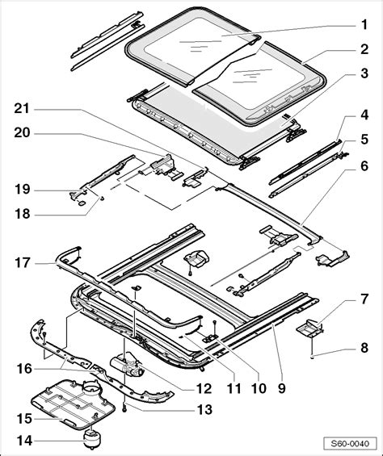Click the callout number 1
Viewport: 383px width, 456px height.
point(364,25)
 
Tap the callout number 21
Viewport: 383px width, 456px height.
point(22,109)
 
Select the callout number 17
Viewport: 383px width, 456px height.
point(23,263)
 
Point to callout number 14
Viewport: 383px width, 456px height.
point(24,441)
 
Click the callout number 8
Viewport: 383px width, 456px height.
point(364,348)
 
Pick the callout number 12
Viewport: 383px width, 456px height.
point(204,388)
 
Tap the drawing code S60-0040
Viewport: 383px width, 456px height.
point(350,444)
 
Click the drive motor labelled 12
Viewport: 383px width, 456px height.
point(127,363)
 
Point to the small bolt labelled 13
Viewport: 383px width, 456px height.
point(124,409)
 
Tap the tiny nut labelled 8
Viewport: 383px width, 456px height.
point(312,357)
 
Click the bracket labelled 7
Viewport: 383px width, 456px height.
point(309,328)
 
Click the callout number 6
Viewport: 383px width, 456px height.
point(364,166)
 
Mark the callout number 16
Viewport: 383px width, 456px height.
point(24,369)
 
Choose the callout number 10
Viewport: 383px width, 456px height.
point(259,388)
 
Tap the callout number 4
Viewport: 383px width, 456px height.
point(364,115)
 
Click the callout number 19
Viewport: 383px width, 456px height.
point(23,190)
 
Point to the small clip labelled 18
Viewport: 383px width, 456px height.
point(103,198)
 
